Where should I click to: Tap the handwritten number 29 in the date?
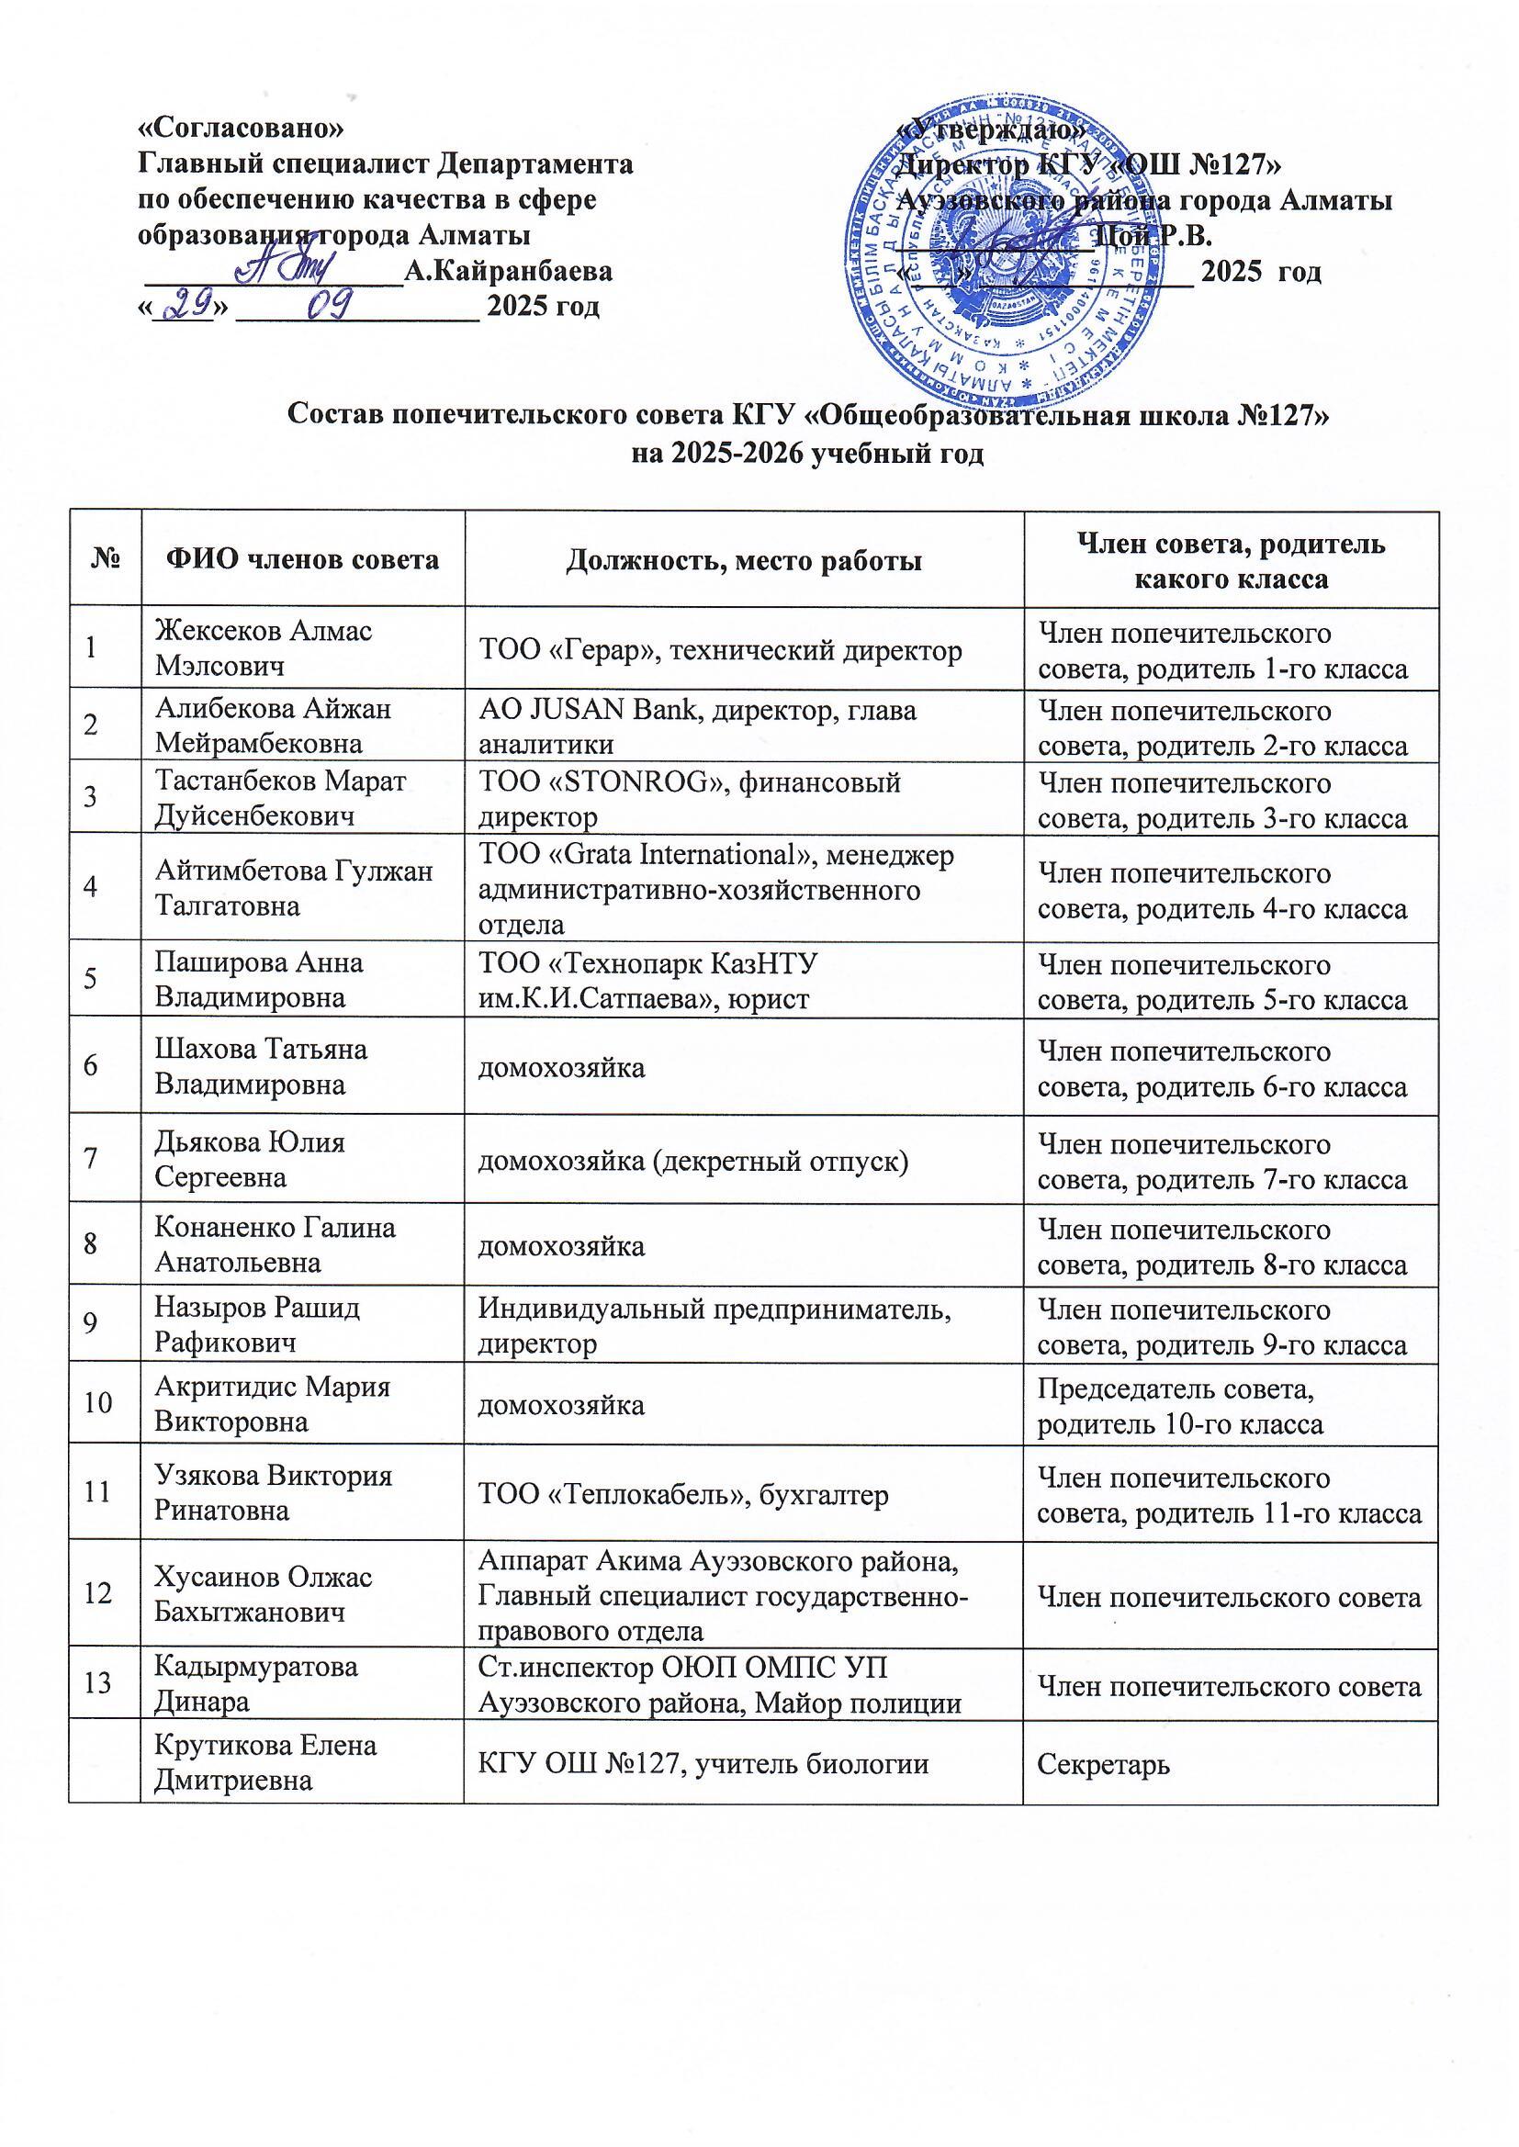pyautogui.click(x=186, y=304)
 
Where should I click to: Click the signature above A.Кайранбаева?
pyautogui.click(x=292, y=269)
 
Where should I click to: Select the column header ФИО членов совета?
pyautogui.click(x=302, y=560)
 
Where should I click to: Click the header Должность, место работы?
pyautogui.click(x=744, y=560)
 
